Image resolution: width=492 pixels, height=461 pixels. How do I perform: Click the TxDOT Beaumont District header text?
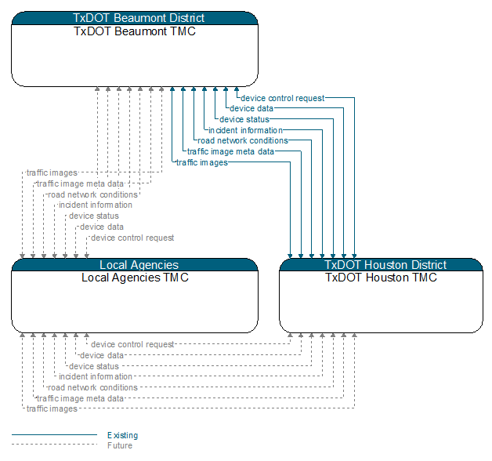[139, 18]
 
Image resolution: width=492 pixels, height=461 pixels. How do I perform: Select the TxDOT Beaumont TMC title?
[135, 31]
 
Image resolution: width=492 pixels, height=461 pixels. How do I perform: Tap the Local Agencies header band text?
[139, 265]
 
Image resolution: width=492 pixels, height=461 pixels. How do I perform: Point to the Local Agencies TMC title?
[135, 278]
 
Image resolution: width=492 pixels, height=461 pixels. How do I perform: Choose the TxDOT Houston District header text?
[385, 265]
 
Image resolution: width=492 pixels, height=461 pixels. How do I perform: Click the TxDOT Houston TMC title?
[381, 278]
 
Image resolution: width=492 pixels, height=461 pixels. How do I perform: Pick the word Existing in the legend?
[123, 435]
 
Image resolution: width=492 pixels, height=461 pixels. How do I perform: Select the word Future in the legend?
[120, 445]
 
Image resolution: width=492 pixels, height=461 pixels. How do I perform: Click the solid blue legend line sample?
[55, 434]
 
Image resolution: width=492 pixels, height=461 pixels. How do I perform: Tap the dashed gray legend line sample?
[55, 445]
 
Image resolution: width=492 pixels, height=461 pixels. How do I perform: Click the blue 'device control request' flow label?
[282, 98]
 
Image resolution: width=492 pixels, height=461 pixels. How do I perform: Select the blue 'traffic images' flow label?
[202, 162]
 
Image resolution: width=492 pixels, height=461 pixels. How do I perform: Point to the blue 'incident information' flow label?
[245, 130]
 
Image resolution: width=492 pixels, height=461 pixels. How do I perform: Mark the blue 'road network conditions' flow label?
[243, 140]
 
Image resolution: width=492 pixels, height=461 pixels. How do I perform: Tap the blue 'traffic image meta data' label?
[230, 151]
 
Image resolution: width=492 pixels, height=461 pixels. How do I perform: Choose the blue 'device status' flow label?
[244, 119]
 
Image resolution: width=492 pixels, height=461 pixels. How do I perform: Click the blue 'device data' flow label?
[251, 108]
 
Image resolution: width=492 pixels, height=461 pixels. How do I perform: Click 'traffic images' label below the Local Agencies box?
[52, 408]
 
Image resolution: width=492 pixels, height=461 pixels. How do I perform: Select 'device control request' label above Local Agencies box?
[132, 238]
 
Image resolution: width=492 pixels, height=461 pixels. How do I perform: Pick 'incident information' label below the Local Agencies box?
[96, 376]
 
